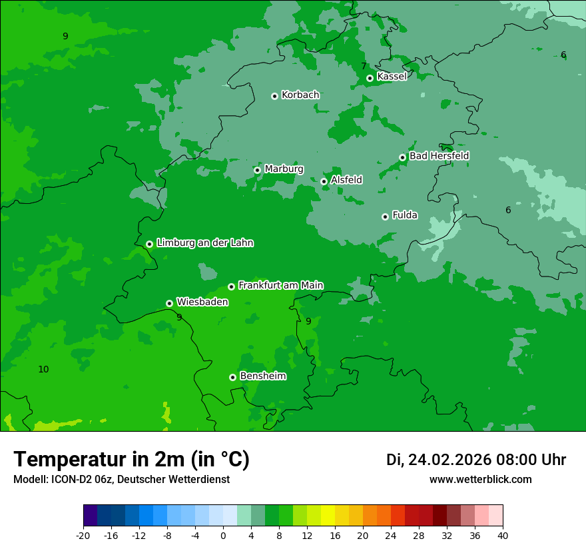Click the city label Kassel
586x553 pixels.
pos(392,77)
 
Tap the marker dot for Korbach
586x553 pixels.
pos(274,96)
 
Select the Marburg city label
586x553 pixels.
pos(284,169)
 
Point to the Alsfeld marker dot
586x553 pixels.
pos(324,181)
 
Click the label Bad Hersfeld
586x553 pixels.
pos(439,156)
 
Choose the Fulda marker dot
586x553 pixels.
pos(385,217)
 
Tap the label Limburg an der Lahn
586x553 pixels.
pos(204,243)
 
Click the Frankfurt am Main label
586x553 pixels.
pos(280,285)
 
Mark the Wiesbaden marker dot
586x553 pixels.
pos(169,303)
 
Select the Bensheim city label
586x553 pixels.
pos(262,376)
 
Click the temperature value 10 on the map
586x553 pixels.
pos(43,369)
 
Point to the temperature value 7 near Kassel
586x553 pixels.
pos(364,66)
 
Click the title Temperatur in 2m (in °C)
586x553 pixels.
pos(131,460)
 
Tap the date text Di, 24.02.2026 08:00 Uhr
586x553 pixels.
pos(475,460)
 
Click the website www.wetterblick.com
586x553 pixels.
pos(480,479)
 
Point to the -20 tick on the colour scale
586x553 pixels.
pos(83,535)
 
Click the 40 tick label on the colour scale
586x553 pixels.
pos(503,535)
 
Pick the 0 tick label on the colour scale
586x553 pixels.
pos(223,535)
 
